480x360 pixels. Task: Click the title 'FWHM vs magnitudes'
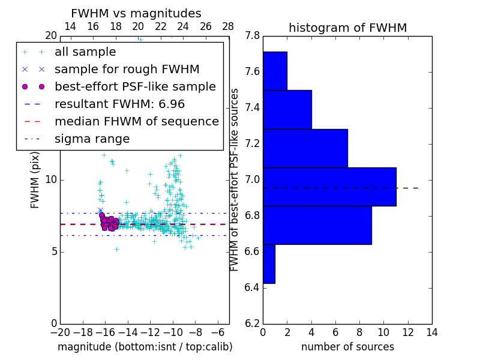[136, 13]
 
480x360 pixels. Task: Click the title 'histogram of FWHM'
[347, 28]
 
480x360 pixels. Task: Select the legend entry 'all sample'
[85, 52]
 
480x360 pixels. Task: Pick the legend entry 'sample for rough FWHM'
[127, 69]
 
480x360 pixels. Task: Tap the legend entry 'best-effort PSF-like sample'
[135, 86]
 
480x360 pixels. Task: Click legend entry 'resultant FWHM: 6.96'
[119, 104]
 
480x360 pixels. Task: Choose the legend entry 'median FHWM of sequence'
[136, 121]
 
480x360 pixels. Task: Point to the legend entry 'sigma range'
[92, 139]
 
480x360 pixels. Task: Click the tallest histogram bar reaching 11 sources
[329, 187]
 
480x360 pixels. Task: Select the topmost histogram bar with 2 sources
[275, 71]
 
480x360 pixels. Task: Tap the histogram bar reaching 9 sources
[317, 225]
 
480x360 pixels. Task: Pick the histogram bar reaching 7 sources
[305, 148]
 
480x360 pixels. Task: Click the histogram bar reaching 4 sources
[287, 109]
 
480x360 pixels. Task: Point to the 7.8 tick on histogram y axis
[252, 36]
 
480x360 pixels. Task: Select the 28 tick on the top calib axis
[229, 26]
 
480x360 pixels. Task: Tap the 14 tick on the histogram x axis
[431, 332]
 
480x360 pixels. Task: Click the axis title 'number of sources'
[347, 347]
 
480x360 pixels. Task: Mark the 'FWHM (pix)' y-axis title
[35, 179]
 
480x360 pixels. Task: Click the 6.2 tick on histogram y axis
[252, 323]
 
